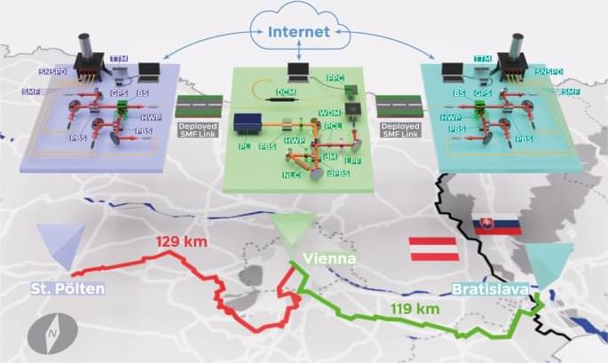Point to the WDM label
pyautogui.click(x=330, y=114)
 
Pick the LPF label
pyautogui.click(x=353, y=160)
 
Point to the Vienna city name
pyautogui.click(x=329, y=258)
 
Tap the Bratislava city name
pyautogui.click(x=490, y=289)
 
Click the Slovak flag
pyautogui.click(x=495, y=227)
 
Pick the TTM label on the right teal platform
pyautogui.click(x=482, y=59)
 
